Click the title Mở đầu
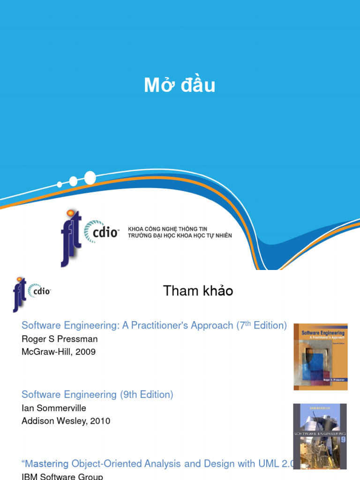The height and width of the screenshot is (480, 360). (x=180, y=85)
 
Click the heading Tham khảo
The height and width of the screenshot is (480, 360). (x=198, y=291)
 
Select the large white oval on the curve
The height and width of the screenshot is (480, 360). (x=90, y=178)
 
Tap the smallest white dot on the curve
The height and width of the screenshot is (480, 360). (x=60, y=184)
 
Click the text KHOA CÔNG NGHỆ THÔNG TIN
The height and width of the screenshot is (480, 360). (x=167, y=229)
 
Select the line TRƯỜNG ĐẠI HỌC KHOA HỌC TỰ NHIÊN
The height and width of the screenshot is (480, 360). (x=180, y=235)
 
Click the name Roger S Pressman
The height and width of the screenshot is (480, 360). (x=60, y=339)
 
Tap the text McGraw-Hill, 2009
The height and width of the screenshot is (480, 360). (x=59, y=352)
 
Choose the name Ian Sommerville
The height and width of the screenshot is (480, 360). (x=54, y=408)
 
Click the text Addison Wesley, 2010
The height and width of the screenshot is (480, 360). (x=66, y=421)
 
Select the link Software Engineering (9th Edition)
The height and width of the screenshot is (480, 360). (x=97, y=395)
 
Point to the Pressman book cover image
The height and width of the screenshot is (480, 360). (x=321, y=357)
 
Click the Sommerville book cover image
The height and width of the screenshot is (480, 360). (x=320, y=436)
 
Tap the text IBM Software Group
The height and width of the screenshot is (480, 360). (x=62, y=477)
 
